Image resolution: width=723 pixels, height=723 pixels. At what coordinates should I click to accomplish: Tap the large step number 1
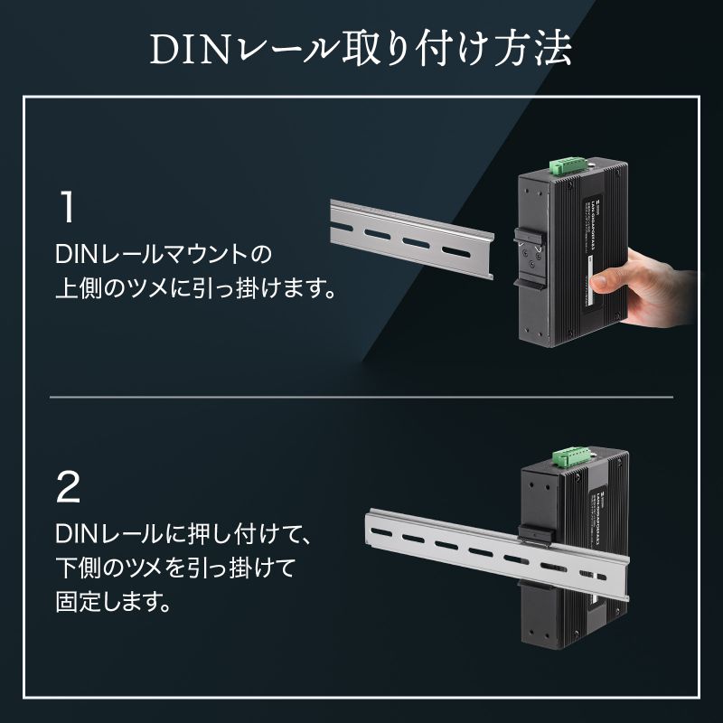(67, 207)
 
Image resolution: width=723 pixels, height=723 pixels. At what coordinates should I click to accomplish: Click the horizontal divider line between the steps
(361, 397)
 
